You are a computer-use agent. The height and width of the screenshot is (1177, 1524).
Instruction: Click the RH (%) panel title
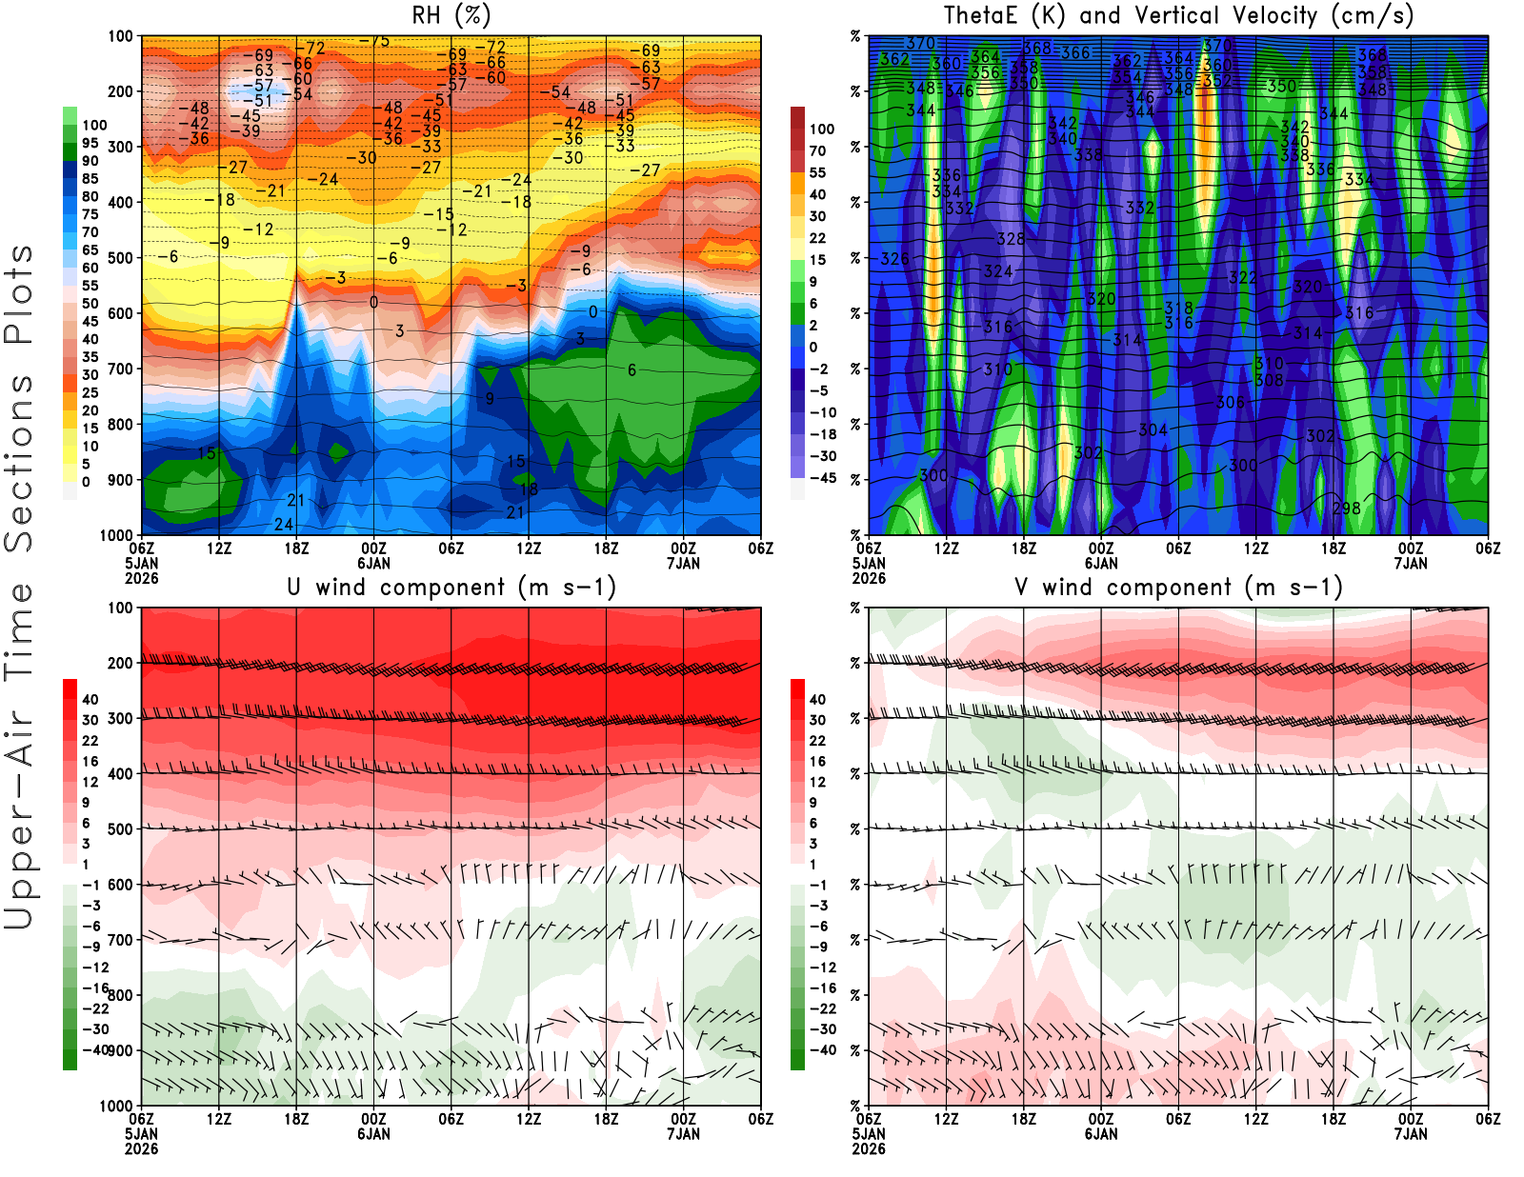tap(451, 15)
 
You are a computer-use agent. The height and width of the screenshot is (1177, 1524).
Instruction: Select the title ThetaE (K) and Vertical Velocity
tap(1178, 15)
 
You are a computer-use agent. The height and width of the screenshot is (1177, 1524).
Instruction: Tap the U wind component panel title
tap(451, 587)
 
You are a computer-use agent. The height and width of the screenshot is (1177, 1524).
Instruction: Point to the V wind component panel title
tap(1178, 587)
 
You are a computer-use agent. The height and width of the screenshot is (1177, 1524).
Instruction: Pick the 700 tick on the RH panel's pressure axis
tap(121, 369)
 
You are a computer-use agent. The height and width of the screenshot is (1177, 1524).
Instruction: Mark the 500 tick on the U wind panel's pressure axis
tap(121, 829)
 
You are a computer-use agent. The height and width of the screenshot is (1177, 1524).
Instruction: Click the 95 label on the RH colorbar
tap(90, 143)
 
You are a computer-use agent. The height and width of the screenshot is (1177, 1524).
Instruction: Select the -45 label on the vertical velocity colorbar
tap(822, 478)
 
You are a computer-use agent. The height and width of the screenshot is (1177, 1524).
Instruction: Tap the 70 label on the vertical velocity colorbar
tap(817, 150)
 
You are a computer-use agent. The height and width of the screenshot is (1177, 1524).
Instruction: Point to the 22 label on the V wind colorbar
tap(817, 741)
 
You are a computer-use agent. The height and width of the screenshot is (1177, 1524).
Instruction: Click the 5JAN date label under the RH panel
tap(141, 563)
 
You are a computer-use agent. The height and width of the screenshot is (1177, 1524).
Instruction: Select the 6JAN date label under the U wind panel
tap(373, 1134)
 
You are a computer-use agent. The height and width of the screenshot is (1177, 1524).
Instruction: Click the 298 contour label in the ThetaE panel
tap(1346, 508)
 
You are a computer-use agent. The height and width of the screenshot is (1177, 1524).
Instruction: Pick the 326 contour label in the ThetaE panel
tap(894, 259)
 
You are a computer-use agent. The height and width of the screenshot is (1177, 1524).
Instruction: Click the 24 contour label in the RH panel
tap(284, 524)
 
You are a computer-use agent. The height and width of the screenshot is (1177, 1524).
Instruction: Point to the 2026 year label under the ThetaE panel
tap(869, 578)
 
